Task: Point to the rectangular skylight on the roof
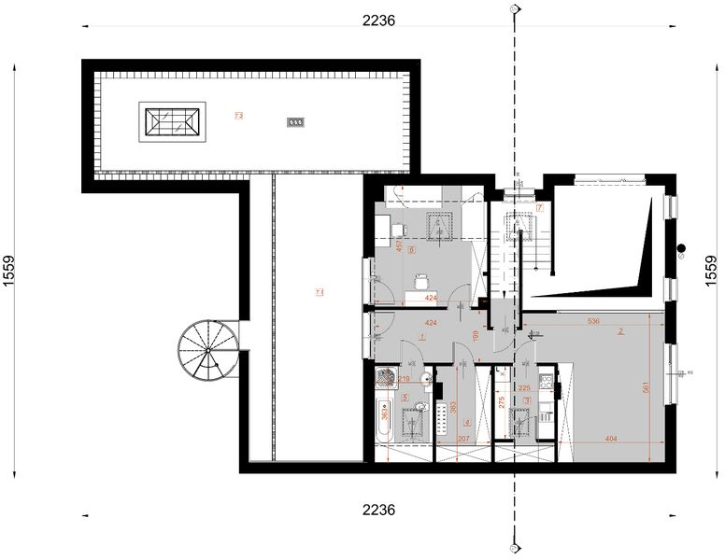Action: point(170,121)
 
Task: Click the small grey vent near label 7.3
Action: point(295,122)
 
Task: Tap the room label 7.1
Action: point(319,293)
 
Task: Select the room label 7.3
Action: point(239,116)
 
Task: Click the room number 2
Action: point(619,331)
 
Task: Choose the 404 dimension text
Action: point(610,438)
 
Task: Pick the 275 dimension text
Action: point(502,403)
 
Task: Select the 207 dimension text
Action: point(464,438)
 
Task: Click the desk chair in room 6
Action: point(421,279)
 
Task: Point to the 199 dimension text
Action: point(476,335)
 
